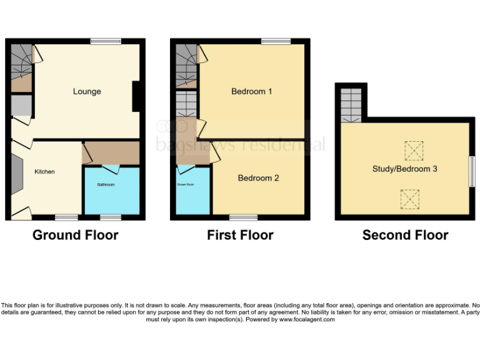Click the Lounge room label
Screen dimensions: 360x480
coord(87,92)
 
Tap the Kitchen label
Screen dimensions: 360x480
coord(44,171)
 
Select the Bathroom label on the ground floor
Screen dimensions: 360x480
coord(106,184)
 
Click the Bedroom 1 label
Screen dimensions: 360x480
coord(251,91)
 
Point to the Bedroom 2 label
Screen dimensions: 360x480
coord(258,178)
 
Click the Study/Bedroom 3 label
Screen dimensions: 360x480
coord(406,169)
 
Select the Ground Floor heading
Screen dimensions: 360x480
coord(75,235)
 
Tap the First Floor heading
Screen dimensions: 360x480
coord(240,235)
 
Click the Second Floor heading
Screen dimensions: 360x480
coord(405,235)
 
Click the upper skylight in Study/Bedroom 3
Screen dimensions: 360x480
coord(412,150)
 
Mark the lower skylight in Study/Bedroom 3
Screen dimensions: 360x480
coord(409,198)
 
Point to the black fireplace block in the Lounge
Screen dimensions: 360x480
coord(136,97)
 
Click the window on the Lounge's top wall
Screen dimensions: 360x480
coord(106,41)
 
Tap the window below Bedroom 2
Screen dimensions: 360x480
coord(243,217)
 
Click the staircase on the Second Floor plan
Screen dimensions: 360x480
coord(351,104)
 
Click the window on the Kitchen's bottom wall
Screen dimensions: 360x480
coord(66,217)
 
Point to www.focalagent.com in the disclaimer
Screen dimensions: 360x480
coord(307,319)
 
